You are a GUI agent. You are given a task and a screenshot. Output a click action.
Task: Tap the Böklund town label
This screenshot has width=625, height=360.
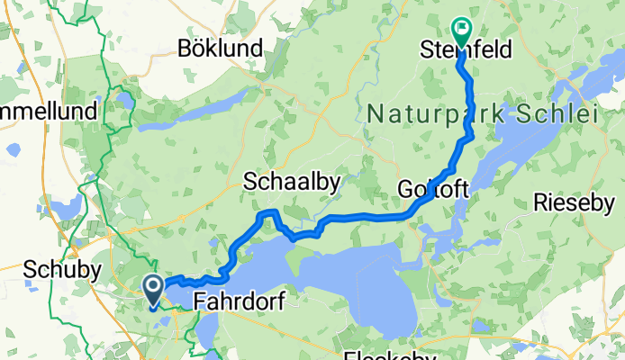click(x=221, y=48)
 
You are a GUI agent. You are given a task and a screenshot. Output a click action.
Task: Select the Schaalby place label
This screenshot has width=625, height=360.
click(x=292, y=183)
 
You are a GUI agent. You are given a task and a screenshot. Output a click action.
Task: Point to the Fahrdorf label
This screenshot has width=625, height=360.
click(x=239, y=303)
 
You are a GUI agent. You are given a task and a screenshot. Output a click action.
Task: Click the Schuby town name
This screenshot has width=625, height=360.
click(x=56, y=269)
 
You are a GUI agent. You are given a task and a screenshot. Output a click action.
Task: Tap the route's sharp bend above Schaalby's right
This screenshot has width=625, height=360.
click(x=270, y=212)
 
